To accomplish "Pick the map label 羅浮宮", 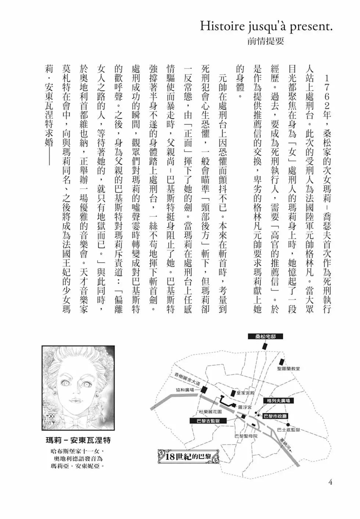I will point(244,407).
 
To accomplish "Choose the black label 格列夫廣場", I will point(279,400).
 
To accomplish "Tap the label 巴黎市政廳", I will point(275,416).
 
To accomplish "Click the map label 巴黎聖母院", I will point(246,436).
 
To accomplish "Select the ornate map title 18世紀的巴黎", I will point(188,457).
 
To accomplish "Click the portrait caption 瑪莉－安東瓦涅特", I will point(77,440).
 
